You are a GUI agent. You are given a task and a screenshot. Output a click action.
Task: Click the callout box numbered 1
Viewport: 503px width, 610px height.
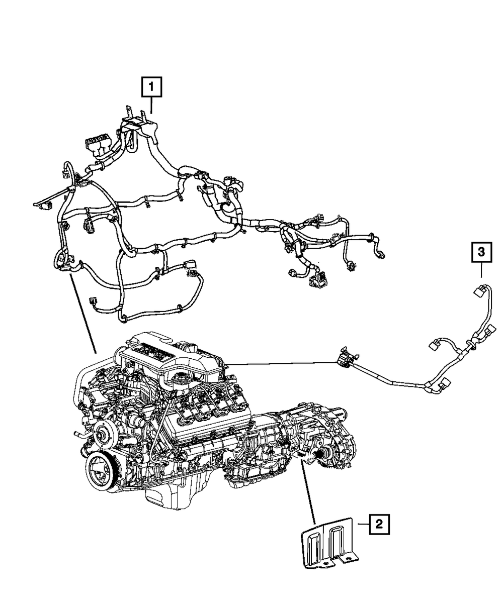click(x=151, y=88)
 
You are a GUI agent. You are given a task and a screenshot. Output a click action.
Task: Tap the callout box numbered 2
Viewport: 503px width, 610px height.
click(x=379, y=525)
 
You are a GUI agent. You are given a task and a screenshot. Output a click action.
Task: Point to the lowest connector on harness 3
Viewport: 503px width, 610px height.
click(x=445, y=385)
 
